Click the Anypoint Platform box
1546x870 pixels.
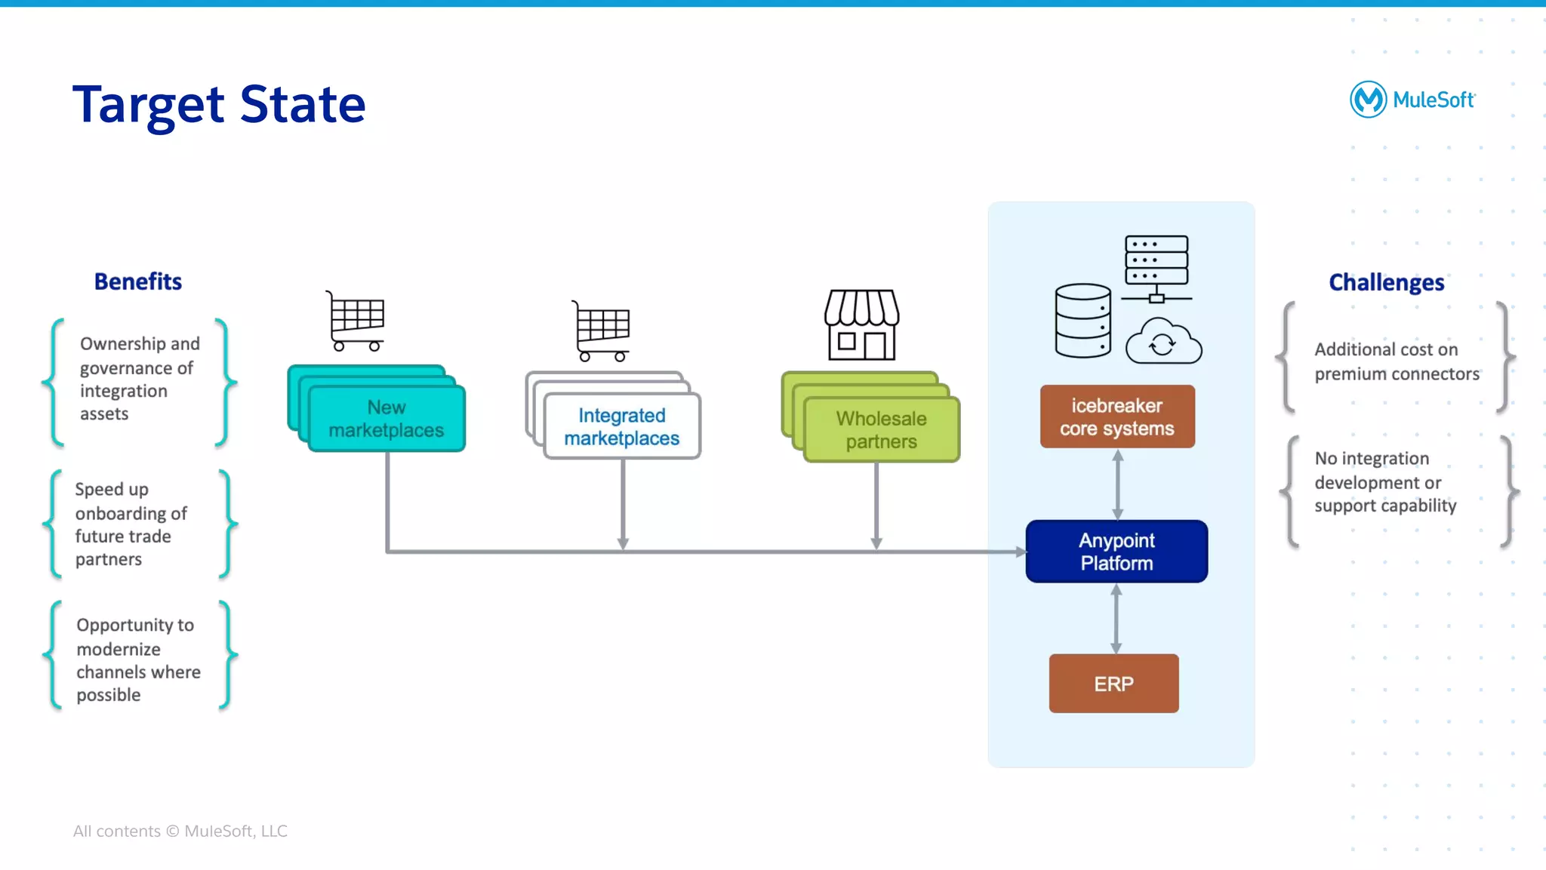[1116, 552]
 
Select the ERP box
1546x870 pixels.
[1113, 684]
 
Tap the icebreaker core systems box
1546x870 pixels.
[1117, 417]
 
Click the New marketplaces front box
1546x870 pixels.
[386, 419]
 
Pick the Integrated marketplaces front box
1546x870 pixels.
[622, 426]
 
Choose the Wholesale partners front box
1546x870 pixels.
[881, 429]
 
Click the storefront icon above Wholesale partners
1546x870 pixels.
[861, 324]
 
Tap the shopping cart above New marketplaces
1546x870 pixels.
[356, 321]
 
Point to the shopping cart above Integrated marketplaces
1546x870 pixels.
[602, 330]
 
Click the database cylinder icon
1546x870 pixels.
[1083, 321]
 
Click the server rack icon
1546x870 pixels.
[1156, 266]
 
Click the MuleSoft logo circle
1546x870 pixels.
[1368, 100]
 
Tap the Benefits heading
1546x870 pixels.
[138, 281]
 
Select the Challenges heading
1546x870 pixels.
[1386, 282]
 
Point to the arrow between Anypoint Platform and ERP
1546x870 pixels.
[1116, 618]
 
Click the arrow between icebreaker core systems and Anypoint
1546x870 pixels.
[1118, 484]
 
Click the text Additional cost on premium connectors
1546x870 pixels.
[1396, 361]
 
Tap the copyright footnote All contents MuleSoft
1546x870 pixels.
[180, 831]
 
